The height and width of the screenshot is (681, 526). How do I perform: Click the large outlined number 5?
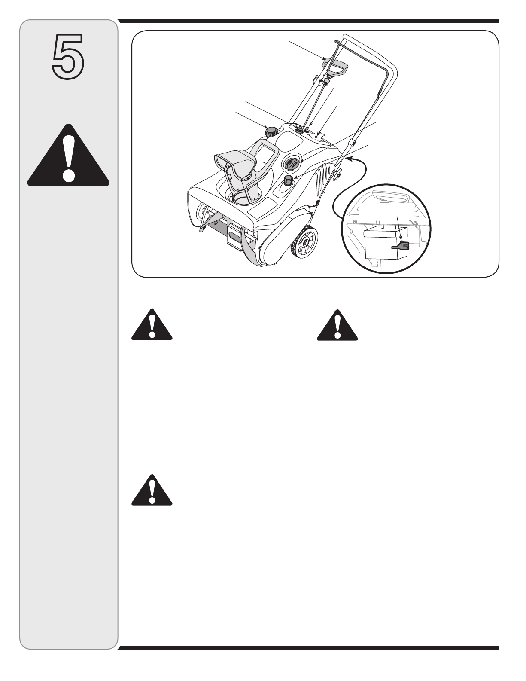68,56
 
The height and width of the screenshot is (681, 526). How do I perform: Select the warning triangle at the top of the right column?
337,325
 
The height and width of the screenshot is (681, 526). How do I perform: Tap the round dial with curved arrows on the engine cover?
292,163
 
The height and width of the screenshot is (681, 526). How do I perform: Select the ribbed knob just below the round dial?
287,181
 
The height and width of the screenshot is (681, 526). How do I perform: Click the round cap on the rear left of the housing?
271,131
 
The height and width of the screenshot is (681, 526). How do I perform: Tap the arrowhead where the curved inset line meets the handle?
348,159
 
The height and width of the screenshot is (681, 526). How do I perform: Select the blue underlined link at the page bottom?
85,677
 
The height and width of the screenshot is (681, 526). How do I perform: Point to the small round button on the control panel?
316,137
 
